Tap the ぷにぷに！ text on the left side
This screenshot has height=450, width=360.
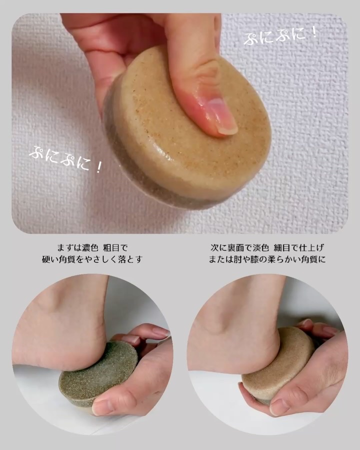(x=65, y=159)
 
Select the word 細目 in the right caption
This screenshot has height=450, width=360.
(x=286, y=247)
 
